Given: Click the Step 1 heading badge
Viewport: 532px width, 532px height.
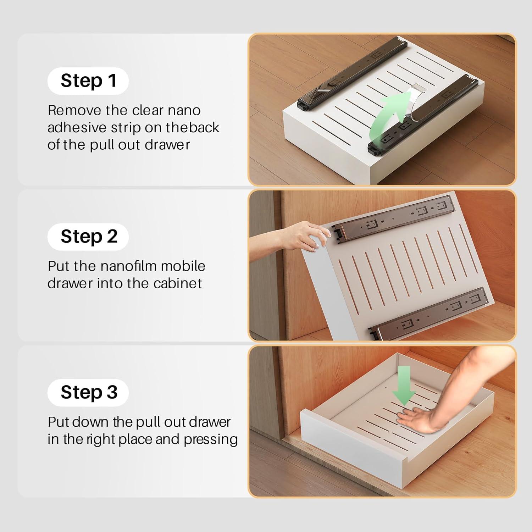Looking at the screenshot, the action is click(x=88, y=81).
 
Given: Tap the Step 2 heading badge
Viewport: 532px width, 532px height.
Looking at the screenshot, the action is click(x=88, y=237).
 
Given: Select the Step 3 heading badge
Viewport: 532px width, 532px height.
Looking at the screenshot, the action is click(x=88, y=392).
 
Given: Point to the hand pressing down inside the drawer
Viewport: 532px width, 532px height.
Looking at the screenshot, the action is click(x=419, y=419).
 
